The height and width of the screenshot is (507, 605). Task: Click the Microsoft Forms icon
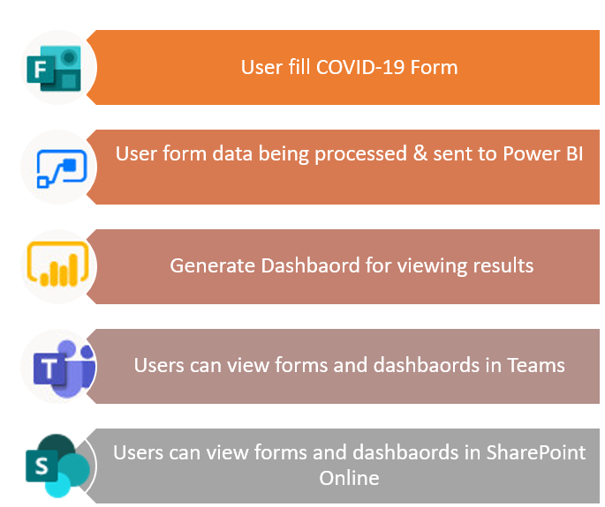coord(54,68)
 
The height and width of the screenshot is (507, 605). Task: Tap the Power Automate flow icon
coord(62,168)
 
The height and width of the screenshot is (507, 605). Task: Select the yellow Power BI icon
coord(58,264)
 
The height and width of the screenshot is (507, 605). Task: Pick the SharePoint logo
coord(58,466)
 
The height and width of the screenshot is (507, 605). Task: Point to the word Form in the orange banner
coord(434,67)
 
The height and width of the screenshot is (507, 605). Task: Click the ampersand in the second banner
coord(420,153)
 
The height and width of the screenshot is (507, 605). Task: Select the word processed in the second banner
coord(360,154)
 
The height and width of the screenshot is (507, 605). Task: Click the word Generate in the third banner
coord(213,265)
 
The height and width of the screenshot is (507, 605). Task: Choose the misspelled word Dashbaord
coord(310,265)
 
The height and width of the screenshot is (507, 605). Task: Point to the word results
coord(503,265)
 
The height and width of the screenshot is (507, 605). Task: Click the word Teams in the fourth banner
coord(535,365)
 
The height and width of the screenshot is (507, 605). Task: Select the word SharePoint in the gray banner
coord(535,452)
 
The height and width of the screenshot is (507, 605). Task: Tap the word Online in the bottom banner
coord(349,478)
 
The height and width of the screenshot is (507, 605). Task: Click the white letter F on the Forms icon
coord(40,70)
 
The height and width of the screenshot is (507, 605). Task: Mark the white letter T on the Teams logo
coord(49,369)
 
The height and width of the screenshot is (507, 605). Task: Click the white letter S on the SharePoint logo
coord(42,466)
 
